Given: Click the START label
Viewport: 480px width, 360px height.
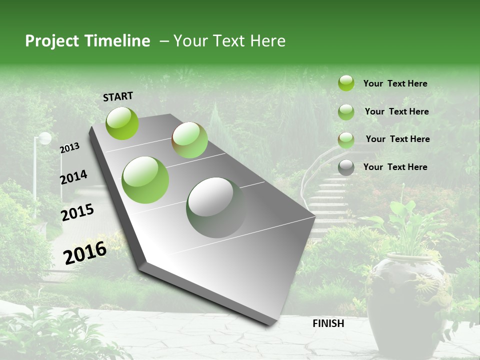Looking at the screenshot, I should click(118, 96).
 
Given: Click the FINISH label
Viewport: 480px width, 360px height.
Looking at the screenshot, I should click(328, 323).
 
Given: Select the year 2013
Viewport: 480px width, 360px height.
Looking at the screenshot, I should click(70, 148).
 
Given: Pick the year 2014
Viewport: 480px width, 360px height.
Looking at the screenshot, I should click(73, 177).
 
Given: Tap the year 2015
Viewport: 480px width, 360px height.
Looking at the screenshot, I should click(77, 212).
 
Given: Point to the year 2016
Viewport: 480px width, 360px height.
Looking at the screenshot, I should click(85, 252).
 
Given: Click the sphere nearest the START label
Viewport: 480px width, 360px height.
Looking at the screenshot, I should click(122, 123).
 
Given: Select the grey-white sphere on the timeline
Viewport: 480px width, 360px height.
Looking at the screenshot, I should click(216, 207).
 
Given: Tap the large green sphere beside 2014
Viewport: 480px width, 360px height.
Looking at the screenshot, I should click(145, 179).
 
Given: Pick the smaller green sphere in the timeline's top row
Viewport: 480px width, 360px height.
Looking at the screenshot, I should click(190, 140).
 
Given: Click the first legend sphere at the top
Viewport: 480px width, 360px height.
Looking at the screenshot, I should click(346, 83).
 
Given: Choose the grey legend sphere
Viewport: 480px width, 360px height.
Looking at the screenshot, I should click(346, 167).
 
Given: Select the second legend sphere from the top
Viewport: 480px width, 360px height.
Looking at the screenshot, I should click(346, 112).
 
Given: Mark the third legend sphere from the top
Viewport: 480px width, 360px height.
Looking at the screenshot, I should click(346, 140).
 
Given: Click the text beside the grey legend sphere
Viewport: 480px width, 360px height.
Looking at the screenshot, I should click(395, 167).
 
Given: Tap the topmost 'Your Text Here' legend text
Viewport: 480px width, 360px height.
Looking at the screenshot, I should click(395, 83).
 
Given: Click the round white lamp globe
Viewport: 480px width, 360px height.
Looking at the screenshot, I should click(45, 138).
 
